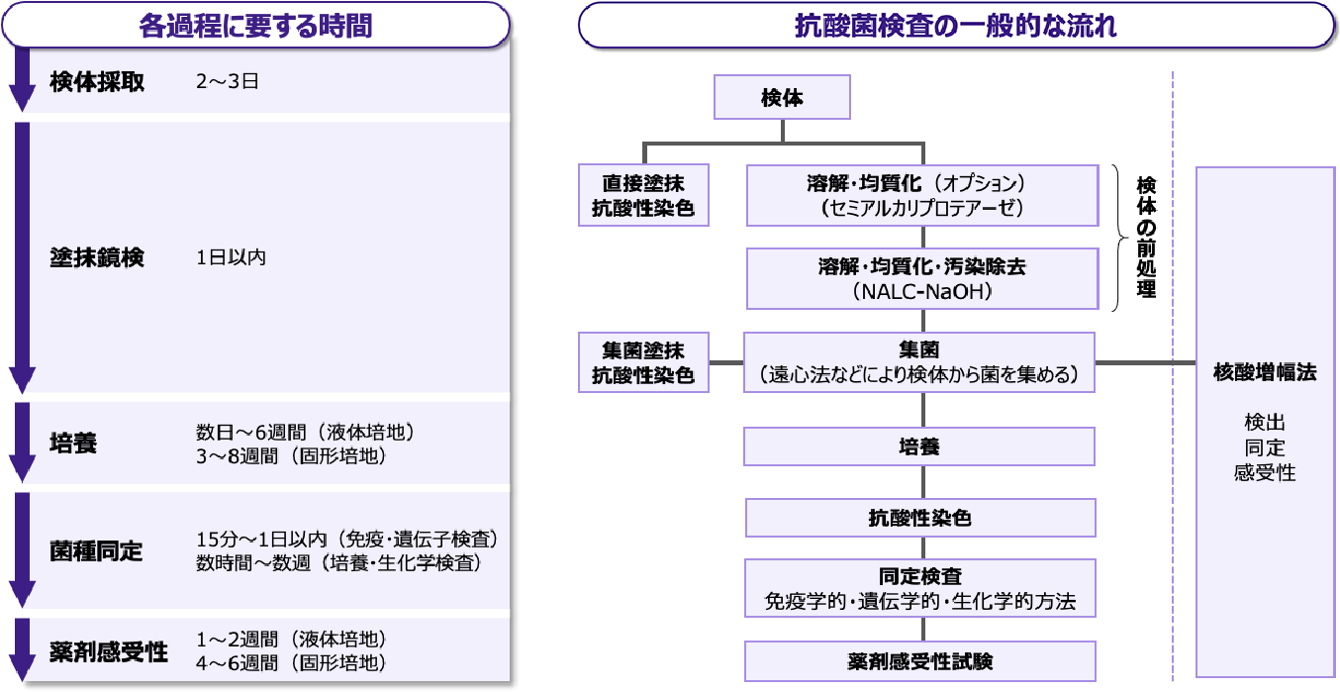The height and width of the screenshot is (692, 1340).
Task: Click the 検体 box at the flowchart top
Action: point(782,97)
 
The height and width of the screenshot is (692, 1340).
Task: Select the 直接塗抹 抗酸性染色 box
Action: point(643,195)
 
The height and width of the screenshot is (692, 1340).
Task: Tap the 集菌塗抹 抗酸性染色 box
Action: point(643,362)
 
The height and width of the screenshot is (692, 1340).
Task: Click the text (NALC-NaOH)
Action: point(922,291)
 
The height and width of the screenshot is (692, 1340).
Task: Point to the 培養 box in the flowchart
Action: point(919,446)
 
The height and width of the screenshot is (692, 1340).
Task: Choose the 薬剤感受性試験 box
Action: point(920,661)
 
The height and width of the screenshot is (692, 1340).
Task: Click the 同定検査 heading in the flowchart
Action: point(920,576)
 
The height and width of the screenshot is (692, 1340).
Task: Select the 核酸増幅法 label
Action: point(1265,372)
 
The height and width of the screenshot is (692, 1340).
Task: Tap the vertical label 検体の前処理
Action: point(1146,237)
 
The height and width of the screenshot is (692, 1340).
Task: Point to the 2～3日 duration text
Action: point(228,81)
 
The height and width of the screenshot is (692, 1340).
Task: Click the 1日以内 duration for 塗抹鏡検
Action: point(231,257)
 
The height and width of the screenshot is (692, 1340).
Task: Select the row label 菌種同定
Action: point(96,550)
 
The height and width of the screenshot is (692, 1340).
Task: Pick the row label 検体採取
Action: point(97,82)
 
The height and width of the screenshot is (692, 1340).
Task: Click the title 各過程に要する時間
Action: point(255,26)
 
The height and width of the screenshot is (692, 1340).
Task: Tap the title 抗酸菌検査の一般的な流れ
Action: point(955,26)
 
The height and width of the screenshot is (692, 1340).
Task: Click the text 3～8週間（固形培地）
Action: point(291,456)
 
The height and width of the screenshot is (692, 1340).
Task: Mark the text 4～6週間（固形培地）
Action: point(291,662)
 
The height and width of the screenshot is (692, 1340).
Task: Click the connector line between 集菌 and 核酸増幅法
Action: point(1146,362)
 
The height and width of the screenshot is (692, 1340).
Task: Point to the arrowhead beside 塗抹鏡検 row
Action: point(22,379)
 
